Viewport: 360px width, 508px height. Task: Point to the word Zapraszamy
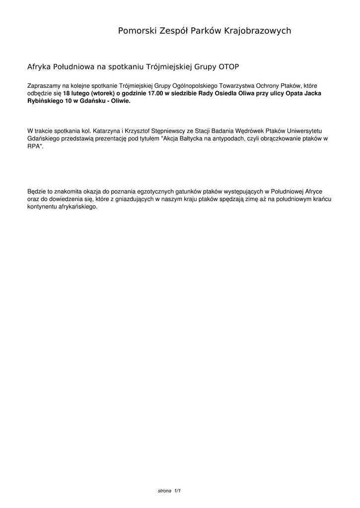point(44,86)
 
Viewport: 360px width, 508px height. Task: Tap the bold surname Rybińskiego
point(44,100)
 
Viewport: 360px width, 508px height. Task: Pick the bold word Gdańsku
point(93,100)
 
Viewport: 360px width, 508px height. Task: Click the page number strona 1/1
point(169,491)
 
